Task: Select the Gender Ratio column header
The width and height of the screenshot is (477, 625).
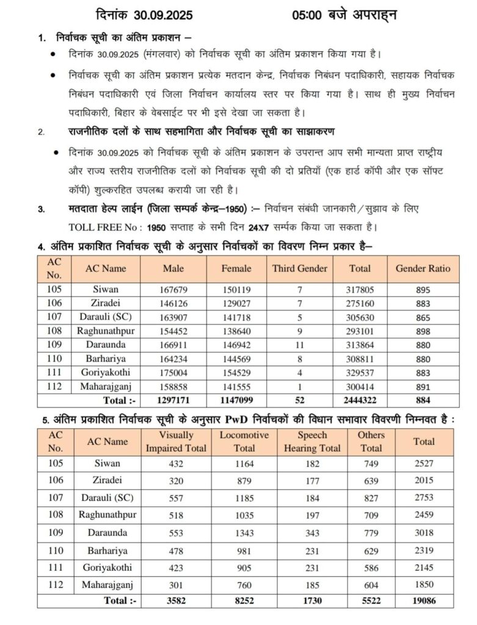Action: coord(423,268)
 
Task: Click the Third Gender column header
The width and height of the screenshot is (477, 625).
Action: coord(299,268)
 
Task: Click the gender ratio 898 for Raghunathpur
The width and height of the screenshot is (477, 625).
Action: coord(423,330)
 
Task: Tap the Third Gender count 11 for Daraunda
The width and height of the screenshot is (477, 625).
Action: coord(299,344)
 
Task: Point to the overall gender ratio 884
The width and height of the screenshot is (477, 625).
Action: coord(423,400)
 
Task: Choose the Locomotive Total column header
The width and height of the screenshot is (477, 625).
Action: coord(239,441)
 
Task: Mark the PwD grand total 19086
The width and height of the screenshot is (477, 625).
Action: coord(424,601)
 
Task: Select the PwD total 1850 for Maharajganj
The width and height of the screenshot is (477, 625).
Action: coord(424,584)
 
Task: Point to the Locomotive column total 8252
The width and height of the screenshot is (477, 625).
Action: coord(239,601)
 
